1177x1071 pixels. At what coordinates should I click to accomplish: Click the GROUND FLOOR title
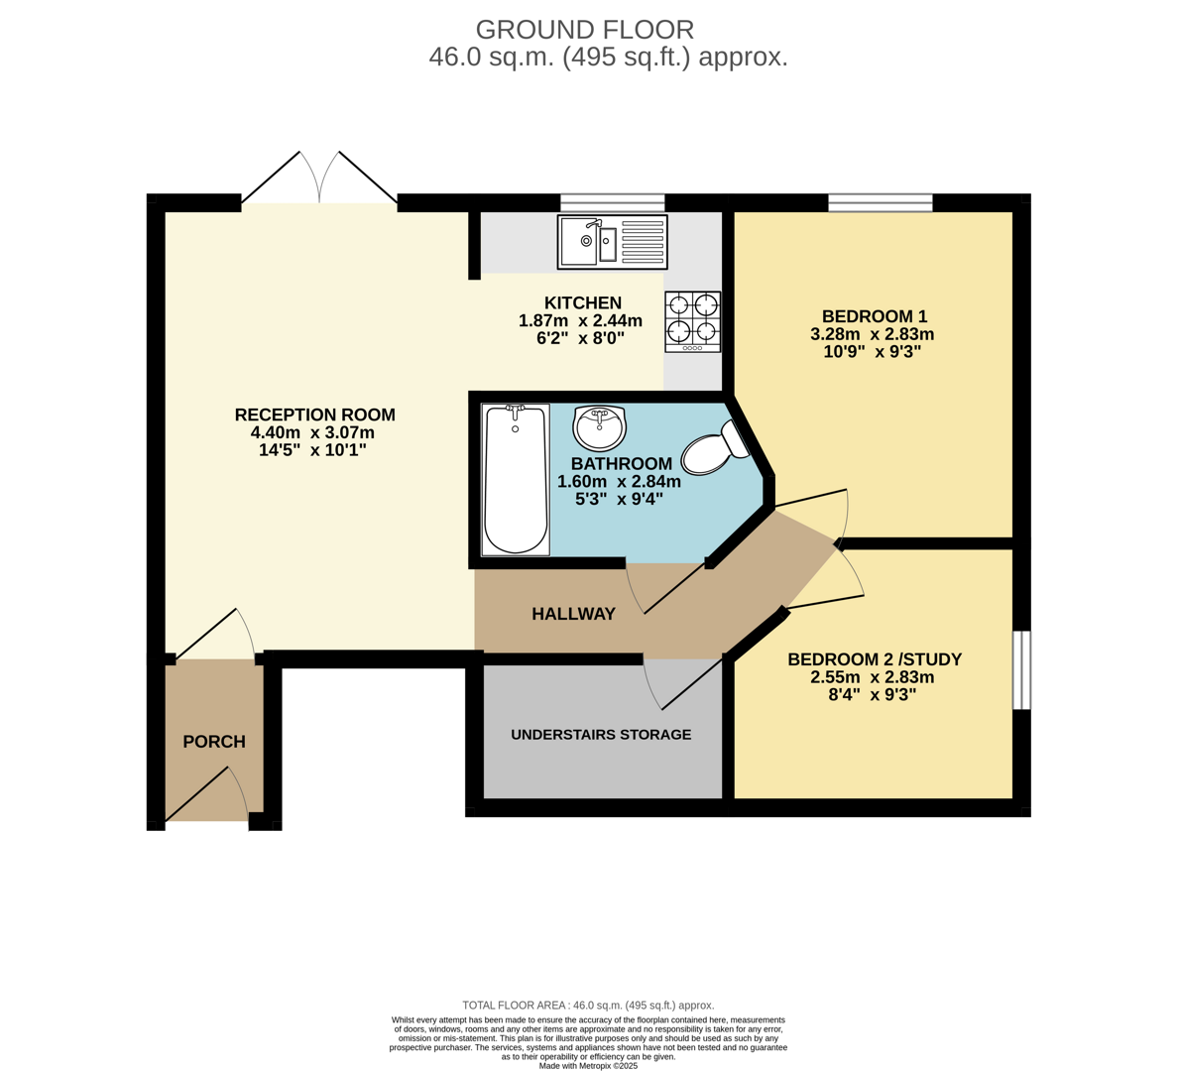585,30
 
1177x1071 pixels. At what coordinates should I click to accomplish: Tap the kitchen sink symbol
612,241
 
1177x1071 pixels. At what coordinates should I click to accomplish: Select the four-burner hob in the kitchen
692,321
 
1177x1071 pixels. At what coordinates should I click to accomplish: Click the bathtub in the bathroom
515,480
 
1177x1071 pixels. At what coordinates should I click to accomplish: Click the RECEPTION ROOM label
314,415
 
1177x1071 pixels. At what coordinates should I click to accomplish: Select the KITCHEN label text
582,302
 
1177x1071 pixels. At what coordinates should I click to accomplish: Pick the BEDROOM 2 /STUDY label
874,659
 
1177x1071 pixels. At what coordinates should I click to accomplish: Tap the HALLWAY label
573,614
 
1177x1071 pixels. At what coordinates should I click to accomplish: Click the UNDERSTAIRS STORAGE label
601,735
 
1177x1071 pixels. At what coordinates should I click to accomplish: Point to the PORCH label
214,742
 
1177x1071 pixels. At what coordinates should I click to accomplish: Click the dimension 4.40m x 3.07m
312,432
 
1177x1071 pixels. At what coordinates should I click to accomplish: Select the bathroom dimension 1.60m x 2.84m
619,482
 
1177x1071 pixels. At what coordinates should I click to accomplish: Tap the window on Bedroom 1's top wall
880,203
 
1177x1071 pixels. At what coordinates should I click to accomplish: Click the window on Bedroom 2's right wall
1021,669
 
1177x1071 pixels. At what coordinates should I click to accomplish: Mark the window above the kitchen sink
612,203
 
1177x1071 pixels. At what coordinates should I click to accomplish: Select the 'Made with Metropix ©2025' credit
588,1066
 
